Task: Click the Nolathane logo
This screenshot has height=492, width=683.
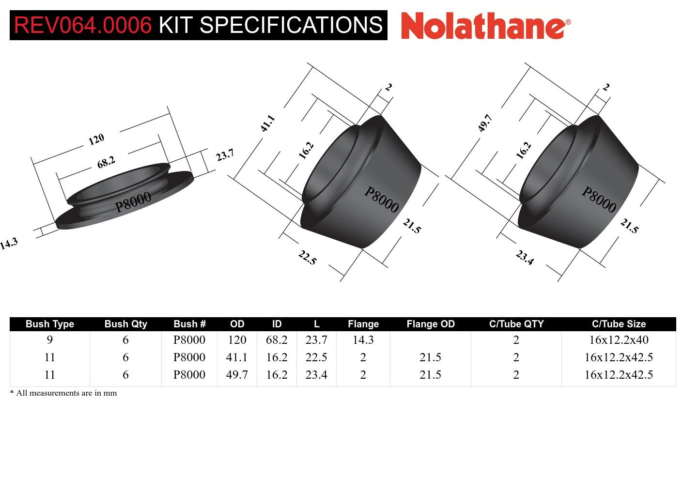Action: pos(485,25)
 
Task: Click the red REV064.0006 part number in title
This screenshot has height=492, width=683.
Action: pos(83,25)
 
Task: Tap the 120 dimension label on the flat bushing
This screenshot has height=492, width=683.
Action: pos(96,139)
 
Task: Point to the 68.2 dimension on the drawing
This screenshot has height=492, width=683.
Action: pos(106,163)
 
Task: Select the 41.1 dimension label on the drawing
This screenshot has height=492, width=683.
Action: pos(267,123)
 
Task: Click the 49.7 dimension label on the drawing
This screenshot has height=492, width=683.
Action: pos(485,123)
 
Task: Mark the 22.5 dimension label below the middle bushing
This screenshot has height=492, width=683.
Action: pos(307,257)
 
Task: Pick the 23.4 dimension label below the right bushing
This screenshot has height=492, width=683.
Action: pos(525,257)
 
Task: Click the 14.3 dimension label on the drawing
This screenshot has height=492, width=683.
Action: pos(9,244)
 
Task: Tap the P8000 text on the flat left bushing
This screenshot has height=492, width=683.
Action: pos(133,201)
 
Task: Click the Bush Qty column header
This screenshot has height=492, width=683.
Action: pos(125,324)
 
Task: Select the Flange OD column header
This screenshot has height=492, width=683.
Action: pos(430,324)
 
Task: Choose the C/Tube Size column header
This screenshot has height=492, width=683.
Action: pos(619,324)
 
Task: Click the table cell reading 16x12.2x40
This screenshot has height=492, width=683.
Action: pos(619,340)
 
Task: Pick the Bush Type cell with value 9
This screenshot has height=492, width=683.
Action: pos(49,340)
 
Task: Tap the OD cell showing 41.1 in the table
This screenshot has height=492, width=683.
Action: pos(237,357)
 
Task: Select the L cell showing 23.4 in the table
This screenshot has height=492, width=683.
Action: pos(316,375)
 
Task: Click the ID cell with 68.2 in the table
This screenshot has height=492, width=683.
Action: pos(277,340)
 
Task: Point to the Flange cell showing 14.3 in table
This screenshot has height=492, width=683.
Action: pos(363,340)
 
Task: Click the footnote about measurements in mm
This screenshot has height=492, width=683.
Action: pos(63,393)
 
